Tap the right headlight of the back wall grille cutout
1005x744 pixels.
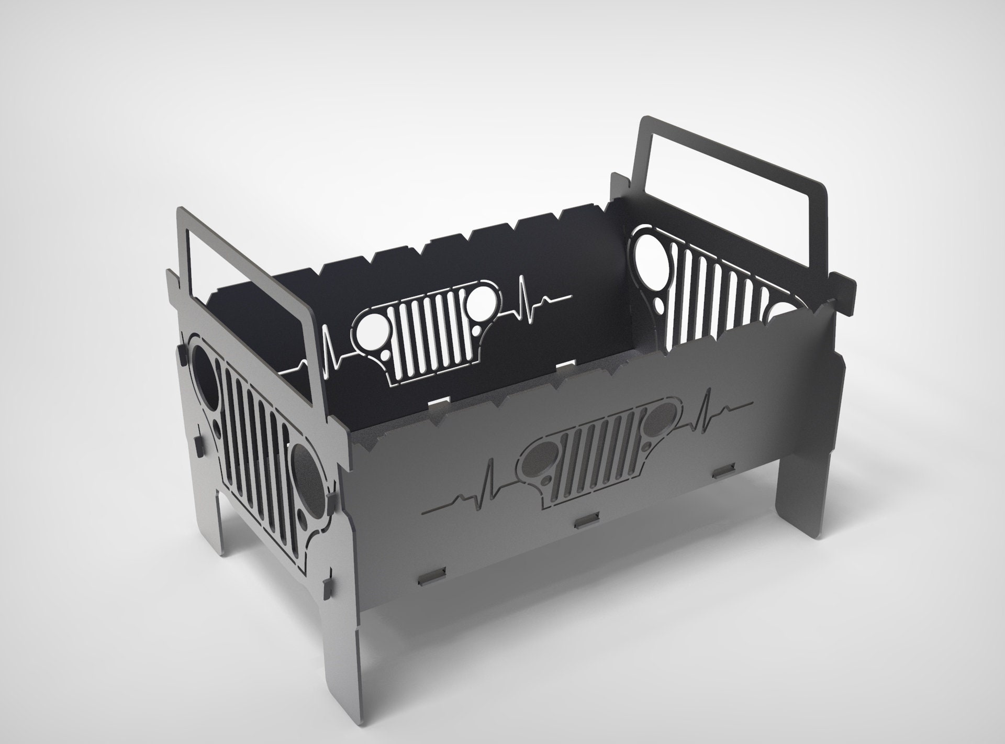tap(479, 302)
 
